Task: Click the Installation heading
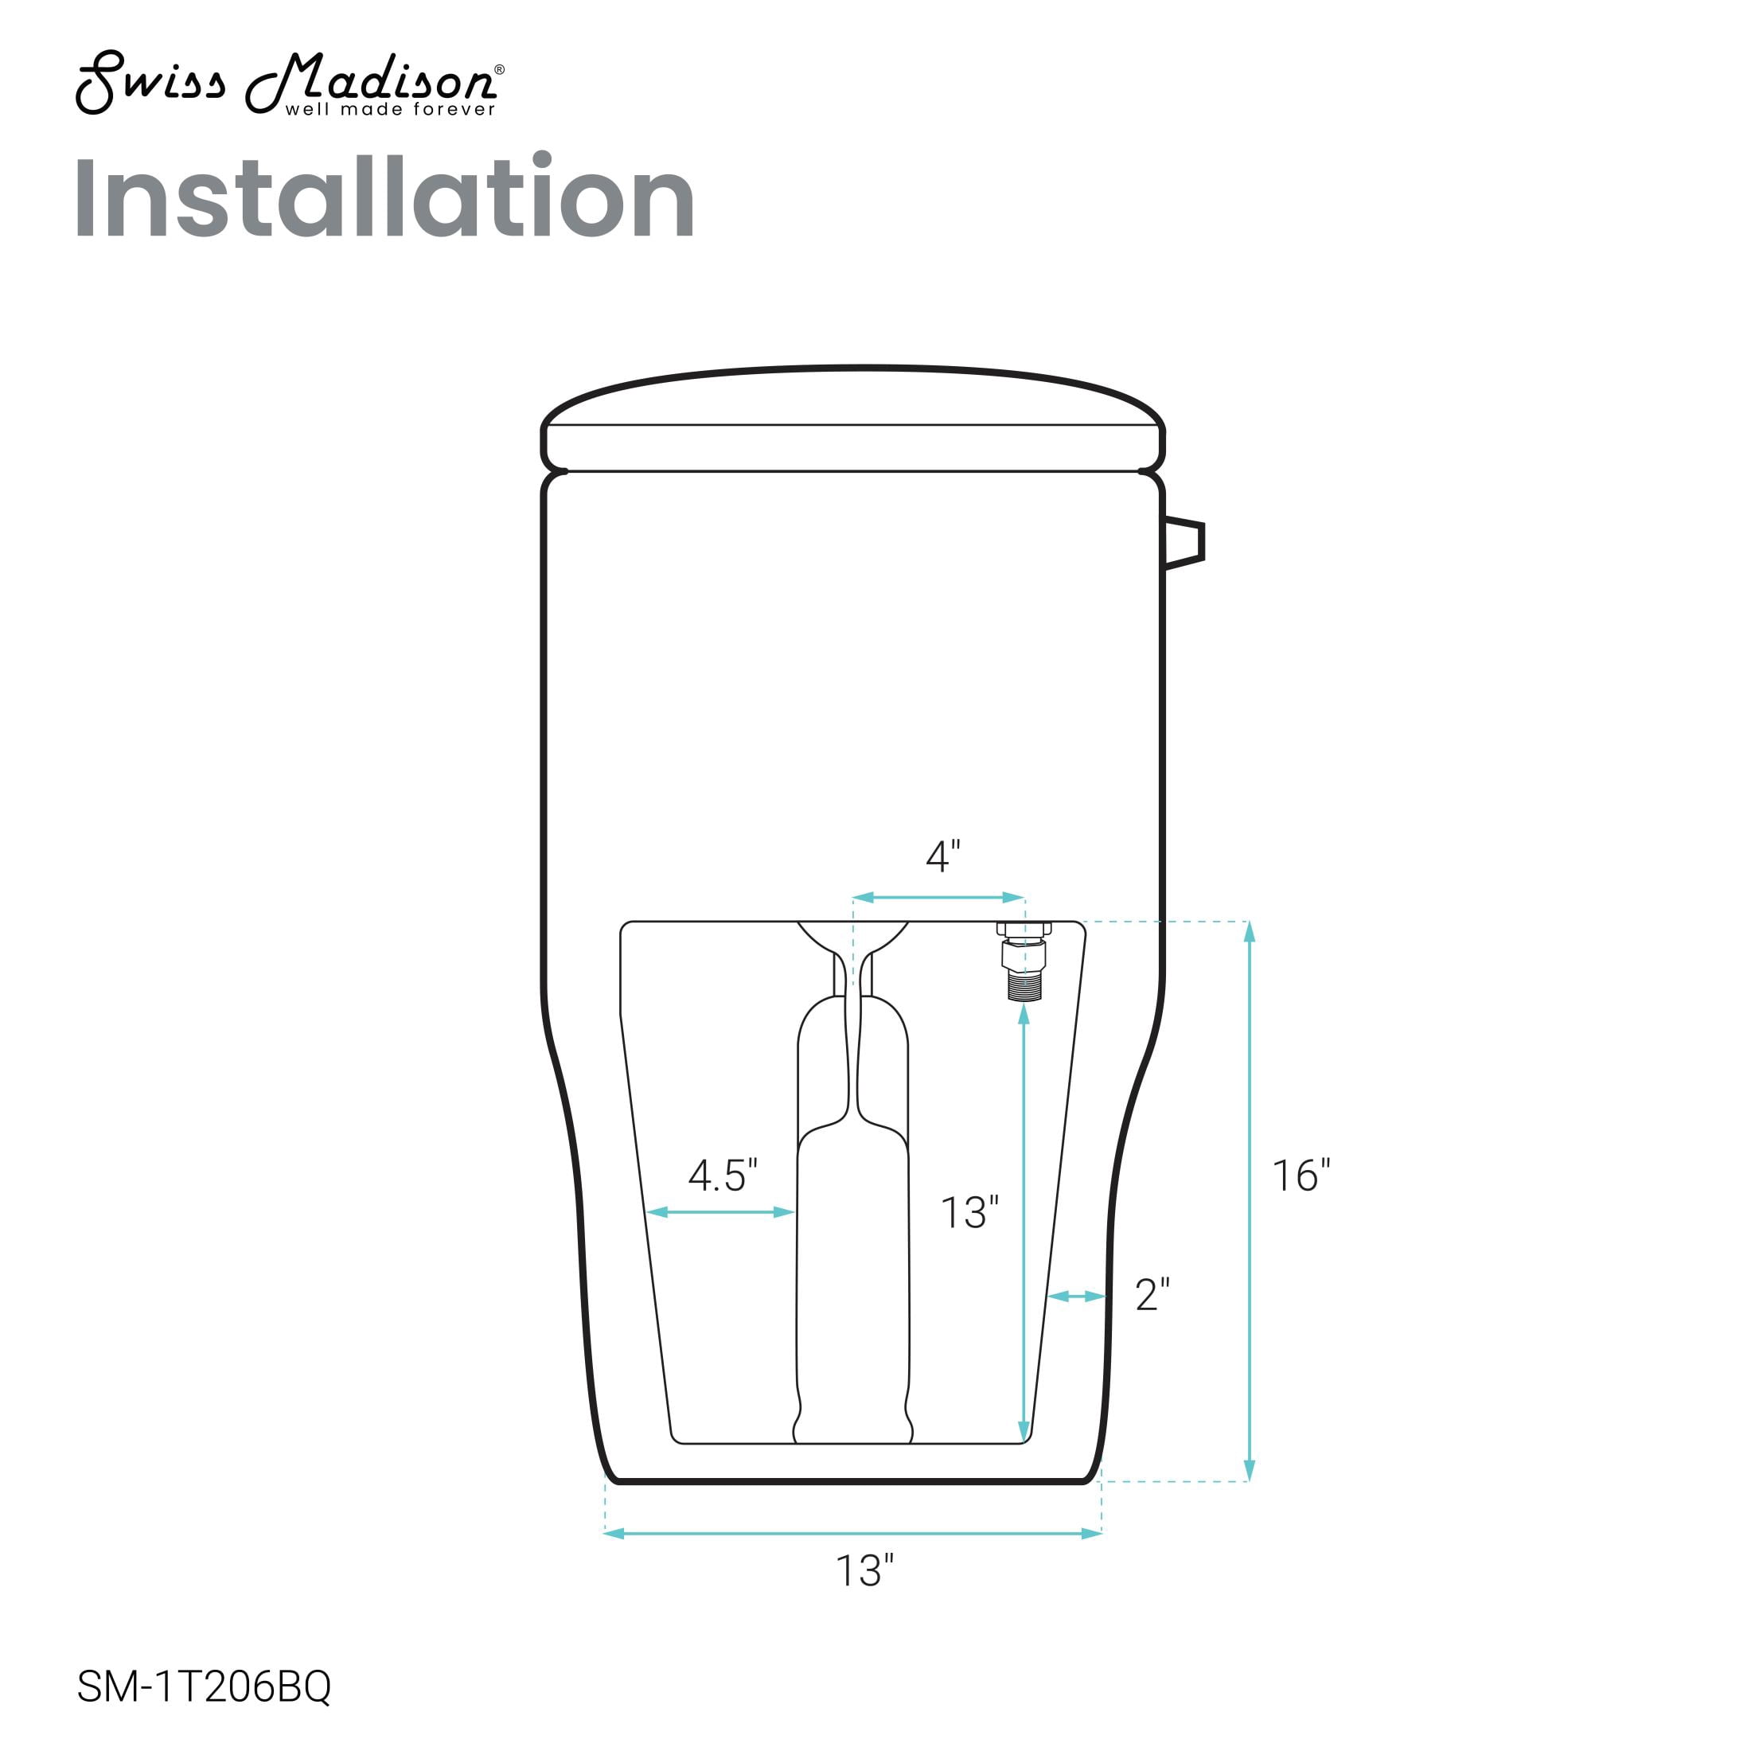[x=384, y=197]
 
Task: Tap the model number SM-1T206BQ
[x=204, y=1687]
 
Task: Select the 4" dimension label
[x=942, y=856]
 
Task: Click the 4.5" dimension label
[x=723, y=1176]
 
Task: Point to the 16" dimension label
[x=1301, y=1176]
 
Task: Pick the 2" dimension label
[x=1152, y=1295]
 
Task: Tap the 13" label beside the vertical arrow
[x=969, y=1213]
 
